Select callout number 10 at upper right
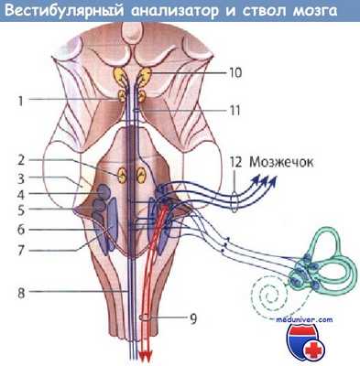[x=235, y=70]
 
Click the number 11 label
[x=235, y=109]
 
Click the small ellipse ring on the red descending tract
[x=145, y=317]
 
